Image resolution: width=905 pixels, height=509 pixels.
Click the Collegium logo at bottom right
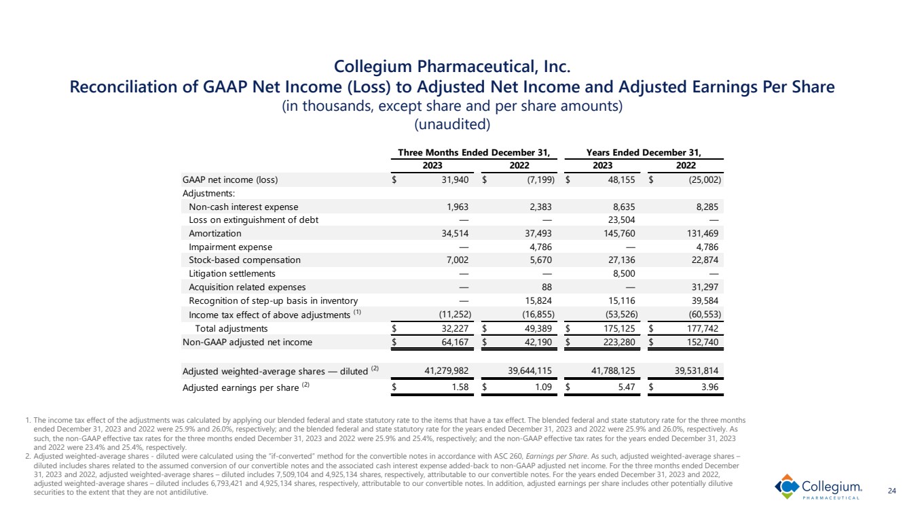click(819, 487)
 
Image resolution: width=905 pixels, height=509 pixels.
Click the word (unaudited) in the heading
click(452, 125)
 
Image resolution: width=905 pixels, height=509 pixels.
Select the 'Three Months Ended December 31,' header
click(473, 152)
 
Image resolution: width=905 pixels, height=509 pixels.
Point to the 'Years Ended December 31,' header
click(644, 152)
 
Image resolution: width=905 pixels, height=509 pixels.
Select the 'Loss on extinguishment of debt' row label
click(253, 220)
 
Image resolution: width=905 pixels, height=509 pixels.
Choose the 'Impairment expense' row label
click(230, 247)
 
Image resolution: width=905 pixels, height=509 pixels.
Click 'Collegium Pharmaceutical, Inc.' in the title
click(452, 67)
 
